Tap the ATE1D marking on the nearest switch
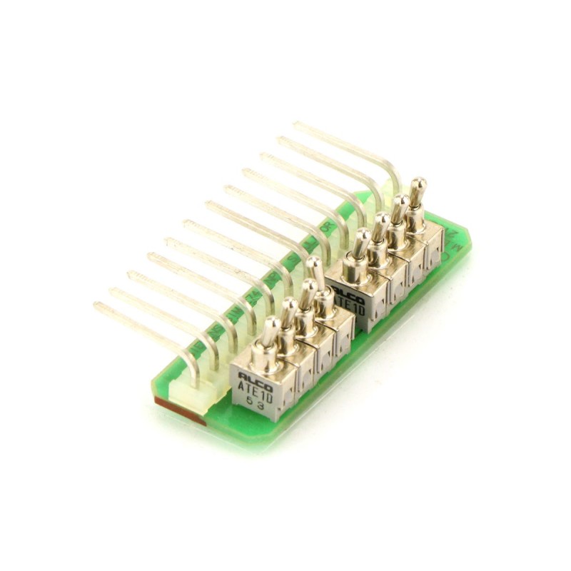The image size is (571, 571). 256,390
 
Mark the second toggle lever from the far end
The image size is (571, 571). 400,207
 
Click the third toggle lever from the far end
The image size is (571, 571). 382,226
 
